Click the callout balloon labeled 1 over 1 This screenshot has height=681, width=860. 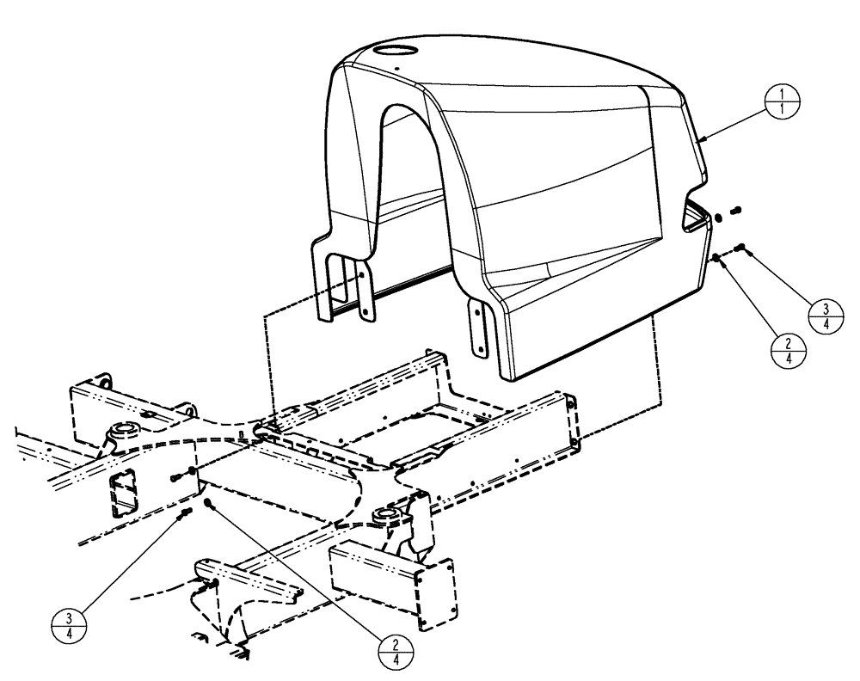pos(781,105)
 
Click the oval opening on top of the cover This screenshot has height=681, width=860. pos(399,51)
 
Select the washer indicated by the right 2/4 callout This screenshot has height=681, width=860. pos(716,258)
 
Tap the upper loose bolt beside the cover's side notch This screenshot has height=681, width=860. pos(736,209)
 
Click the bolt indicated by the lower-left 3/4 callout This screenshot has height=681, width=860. pos(185,513)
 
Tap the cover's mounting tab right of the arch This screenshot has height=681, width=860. pos(479,327)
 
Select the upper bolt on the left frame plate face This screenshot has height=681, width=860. pos(178,475)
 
